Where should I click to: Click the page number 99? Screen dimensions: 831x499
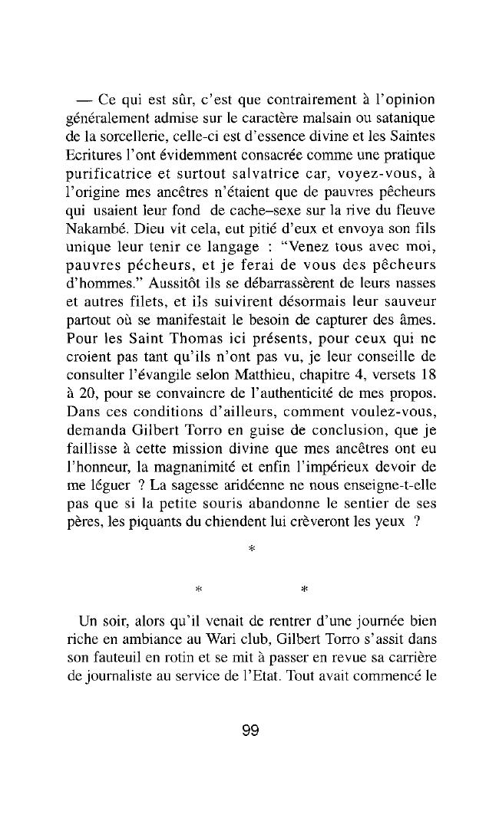(249, 731)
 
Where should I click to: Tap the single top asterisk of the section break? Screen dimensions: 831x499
(251, 550)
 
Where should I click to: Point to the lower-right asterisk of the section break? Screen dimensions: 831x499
(304, 589)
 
